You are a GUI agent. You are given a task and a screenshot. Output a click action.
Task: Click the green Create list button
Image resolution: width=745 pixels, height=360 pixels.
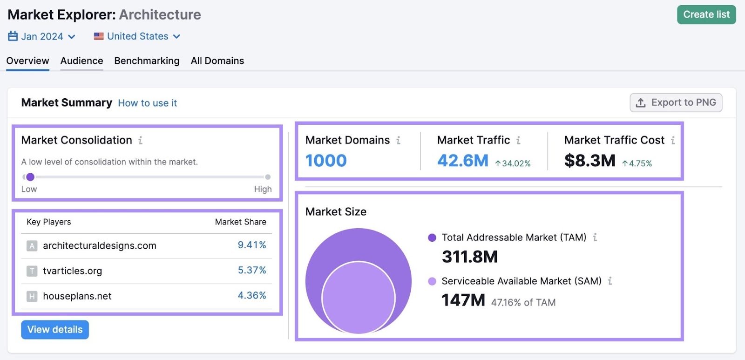(706, 14)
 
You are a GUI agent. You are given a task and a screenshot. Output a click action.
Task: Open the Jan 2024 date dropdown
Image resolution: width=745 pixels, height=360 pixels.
(42, 36)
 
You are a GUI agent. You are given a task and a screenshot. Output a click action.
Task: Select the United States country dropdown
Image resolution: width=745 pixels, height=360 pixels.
(137, 36)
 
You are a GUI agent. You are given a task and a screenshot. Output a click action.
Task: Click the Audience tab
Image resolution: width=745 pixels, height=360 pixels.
(81, 61)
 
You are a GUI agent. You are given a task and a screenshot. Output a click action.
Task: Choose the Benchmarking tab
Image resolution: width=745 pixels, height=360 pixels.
(147, 61)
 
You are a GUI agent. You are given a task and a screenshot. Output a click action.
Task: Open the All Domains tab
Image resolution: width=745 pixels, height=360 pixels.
(217, 61)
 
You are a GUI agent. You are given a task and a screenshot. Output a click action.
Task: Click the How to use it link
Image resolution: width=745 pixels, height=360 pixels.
(147, 103)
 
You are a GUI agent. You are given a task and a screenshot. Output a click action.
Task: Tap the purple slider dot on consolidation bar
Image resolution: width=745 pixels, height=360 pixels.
(30, 177)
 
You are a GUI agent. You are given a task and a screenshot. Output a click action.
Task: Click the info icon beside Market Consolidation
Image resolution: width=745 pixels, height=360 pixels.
(140, 140)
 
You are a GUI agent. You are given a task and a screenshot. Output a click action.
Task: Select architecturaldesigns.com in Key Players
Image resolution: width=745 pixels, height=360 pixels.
(99, 245)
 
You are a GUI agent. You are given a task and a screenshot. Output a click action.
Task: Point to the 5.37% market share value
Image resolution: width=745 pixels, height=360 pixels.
(251, 270)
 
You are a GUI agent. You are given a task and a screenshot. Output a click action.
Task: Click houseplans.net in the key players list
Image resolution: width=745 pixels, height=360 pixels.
(77, 296)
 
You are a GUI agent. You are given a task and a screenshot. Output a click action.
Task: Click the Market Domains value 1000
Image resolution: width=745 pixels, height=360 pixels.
(326, 161)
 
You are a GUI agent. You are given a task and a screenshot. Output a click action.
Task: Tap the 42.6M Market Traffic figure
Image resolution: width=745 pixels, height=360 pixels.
(462, 161)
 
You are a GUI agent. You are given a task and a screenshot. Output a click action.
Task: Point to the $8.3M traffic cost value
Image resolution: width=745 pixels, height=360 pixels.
(589, 161)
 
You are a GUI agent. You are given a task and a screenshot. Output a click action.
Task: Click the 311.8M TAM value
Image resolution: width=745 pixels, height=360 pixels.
(469, 257)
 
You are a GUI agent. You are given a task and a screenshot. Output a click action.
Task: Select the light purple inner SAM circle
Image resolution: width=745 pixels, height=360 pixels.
(358, 298)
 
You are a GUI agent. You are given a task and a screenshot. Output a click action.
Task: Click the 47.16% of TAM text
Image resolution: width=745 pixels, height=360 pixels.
(523, 302)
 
